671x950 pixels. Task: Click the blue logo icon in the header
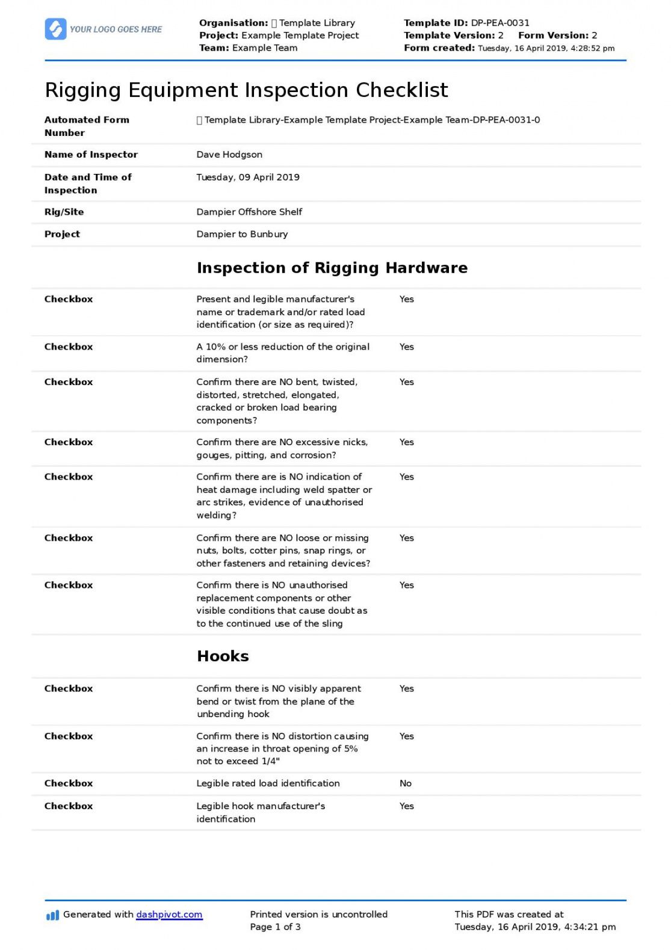pyautogui.click(x=55, y=29)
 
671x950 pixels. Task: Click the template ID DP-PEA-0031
pyautogui.click(x=500, y=23)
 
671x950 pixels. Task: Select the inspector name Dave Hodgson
pyautogui.click(x=229, y=155)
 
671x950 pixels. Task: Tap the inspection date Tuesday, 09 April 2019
pyautogui.click(x=248, y=177)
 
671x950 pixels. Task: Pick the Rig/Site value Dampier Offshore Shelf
pyautogui.click(x=249, y=212)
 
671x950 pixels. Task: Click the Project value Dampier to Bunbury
pyautogui.click(x=242, y=234)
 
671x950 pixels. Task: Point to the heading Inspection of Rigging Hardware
pyautogui.click(x=332, y=268)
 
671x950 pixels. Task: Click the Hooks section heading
pyautogui.click(x=223, y=656)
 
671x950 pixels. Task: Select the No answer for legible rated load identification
pyautogui.click(x=406, y=783)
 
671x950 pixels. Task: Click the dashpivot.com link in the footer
pyautogui.click(x=169, y=915)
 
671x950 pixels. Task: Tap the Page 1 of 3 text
pyautogui.click(x=276, y=927)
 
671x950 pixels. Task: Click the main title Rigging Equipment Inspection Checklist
pyautogui.click(x=246, y=90)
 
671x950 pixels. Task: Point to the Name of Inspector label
pyautogui.click(x=91, y=155)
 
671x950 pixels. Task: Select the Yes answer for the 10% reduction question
pyautogui.click(x=407, y=347)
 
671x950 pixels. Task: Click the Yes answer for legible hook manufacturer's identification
pyautogui.click(x=407, y=806)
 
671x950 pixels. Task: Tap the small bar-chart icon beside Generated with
pyautogui.click(x=52, y=916)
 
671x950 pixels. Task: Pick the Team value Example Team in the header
pyautogui.click(x=265, y=48)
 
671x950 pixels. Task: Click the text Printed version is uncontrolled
pyautogui.click(x=319, y=915)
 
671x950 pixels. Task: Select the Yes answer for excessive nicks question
pyautogui.click(x=407, y=442)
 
